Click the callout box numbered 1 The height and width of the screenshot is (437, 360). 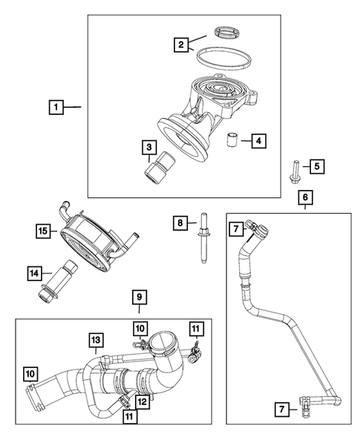(54, 108)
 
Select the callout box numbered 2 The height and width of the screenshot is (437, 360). (180, 45)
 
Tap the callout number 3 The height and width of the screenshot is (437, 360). (149, 148)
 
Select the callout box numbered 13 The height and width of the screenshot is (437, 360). (96, 340)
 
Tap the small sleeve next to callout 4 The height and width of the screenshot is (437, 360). (232, 139)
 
